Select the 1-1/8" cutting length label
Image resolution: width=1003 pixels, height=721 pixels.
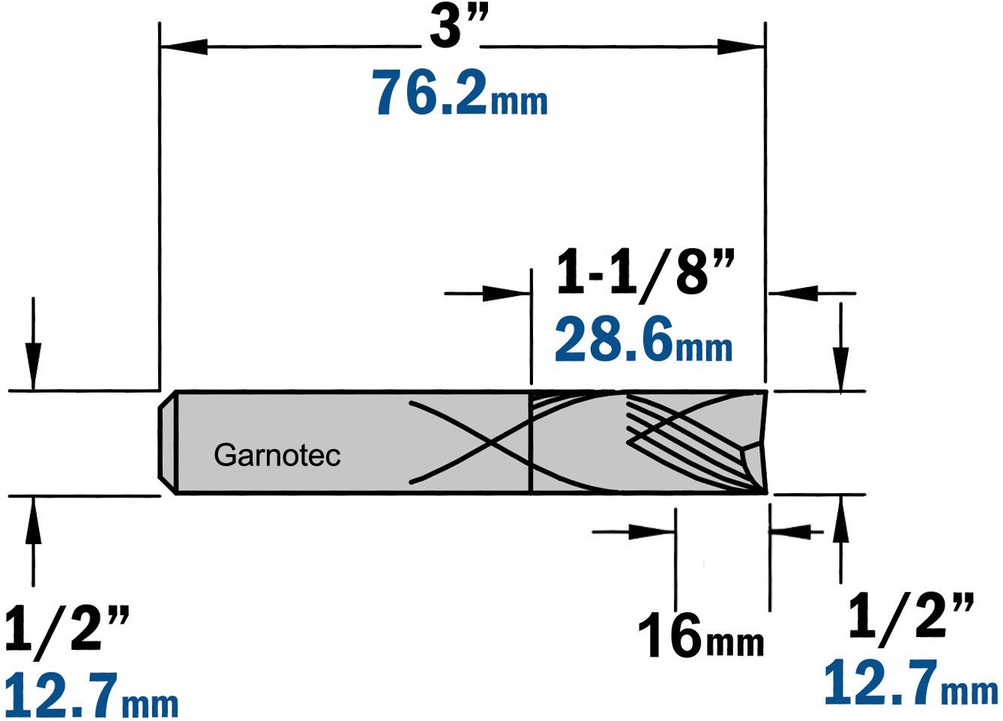click(645, 274)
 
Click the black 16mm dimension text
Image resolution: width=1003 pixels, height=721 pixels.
click(701, 636)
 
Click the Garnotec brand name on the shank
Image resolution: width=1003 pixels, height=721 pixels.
click(277, 456)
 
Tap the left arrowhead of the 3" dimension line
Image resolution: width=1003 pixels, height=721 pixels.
click(184, 46)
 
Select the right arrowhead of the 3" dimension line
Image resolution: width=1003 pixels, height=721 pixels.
click(741, 46)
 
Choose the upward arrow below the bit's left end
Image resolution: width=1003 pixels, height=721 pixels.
click(33, 542)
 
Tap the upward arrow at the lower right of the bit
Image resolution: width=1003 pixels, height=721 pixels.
click(841, 539)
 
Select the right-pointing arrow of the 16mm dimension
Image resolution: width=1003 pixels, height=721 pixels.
click(633, 531)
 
